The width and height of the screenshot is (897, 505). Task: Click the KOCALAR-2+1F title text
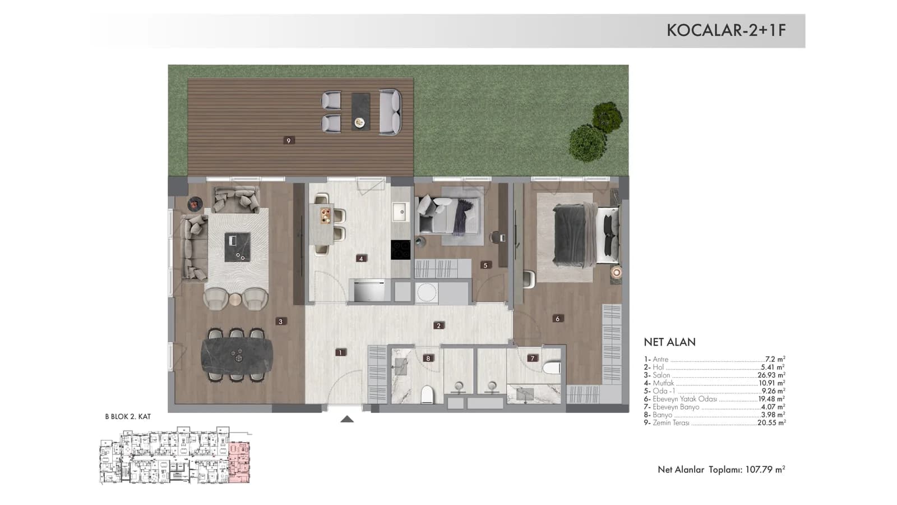coord(726,30)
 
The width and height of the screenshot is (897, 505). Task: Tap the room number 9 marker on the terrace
coord(288,140)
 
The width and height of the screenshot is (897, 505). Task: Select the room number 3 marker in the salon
coord(281,321)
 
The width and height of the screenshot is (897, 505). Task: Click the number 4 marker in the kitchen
coord(361,259)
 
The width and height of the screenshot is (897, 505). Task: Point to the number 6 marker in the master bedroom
coord(557,319)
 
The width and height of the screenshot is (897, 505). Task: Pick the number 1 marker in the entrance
coord(340,353)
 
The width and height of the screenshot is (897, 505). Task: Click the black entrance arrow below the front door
coord(347,419)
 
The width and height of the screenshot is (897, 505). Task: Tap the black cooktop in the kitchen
coord(400,250)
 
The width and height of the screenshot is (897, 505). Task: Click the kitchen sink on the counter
coord(400,212)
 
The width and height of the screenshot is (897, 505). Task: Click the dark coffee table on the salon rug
coord(237,247)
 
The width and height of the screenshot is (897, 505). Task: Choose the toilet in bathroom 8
coord(427,394)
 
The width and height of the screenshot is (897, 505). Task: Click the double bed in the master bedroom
coord(585,235)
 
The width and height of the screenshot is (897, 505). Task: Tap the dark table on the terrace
coord(360,112)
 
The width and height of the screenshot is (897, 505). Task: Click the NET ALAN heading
coord(669,342)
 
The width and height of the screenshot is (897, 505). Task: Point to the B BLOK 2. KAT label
coord(128,416)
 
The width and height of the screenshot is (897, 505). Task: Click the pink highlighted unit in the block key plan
coord(239,462)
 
